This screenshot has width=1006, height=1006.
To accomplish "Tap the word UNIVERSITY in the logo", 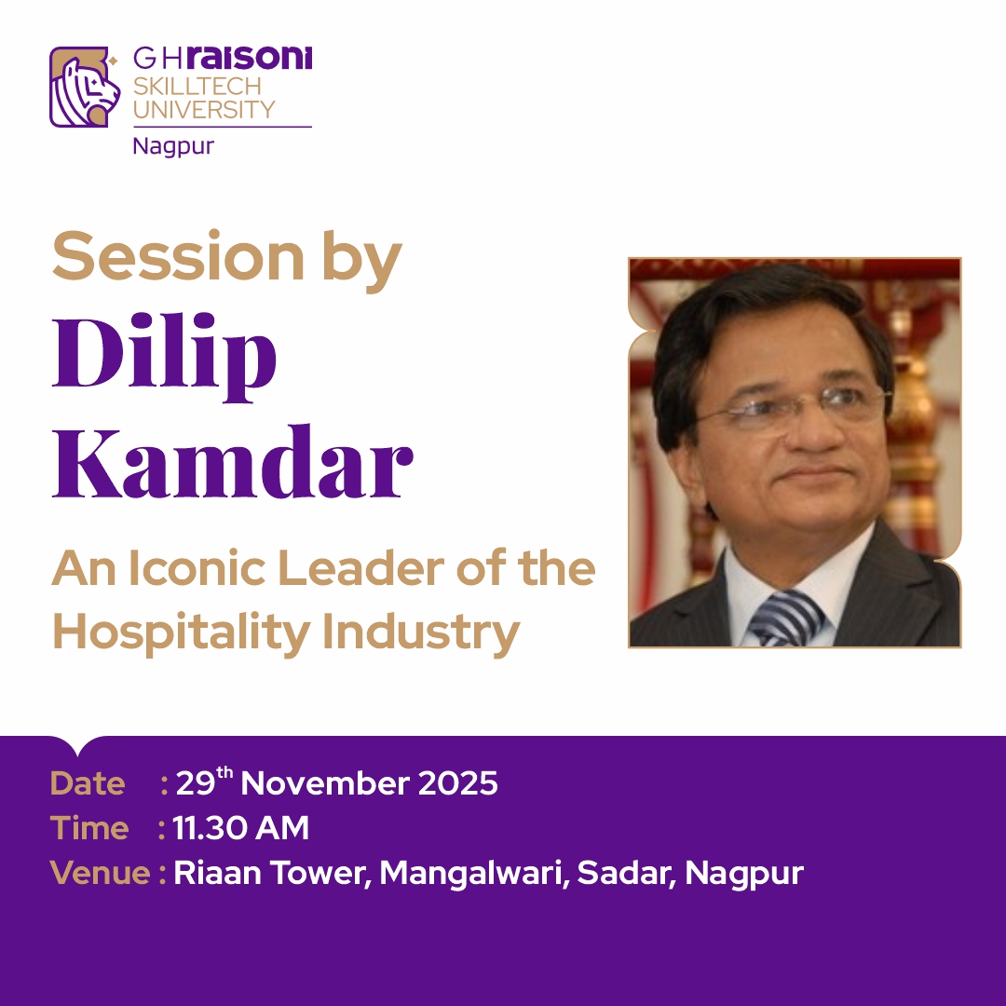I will pos(204,109).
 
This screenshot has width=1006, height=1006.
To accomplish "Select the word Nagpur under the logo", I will pos(173,146).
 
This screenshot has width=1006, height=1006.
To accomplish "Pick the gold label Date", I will pos(88,783).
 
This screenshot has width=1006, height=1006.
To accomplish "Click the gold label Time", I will pos(89,828).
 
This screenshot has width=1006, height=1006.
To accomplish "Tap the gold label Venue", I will pos(101,873).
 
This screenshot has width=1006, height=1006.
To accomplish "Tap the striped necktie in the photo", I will pos(786,618).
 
